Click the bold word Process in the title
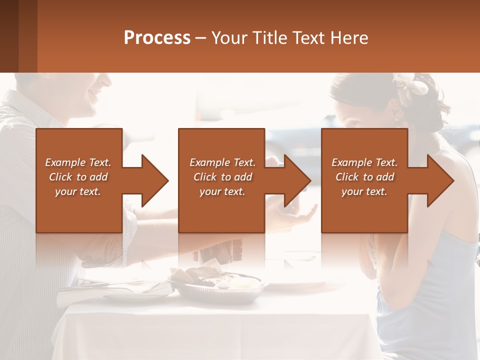(x=157, y=38)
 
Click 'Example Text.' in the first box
(x=78, y=162)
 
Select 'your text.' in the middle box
(x=222, y=191)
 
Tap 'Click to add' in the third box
(x=364, y=177)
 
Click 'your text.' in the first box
(x=78, y=191)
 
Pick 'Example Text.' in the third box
(x=364, y=162)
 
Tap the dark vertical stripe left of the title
(x=27, y=36)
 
